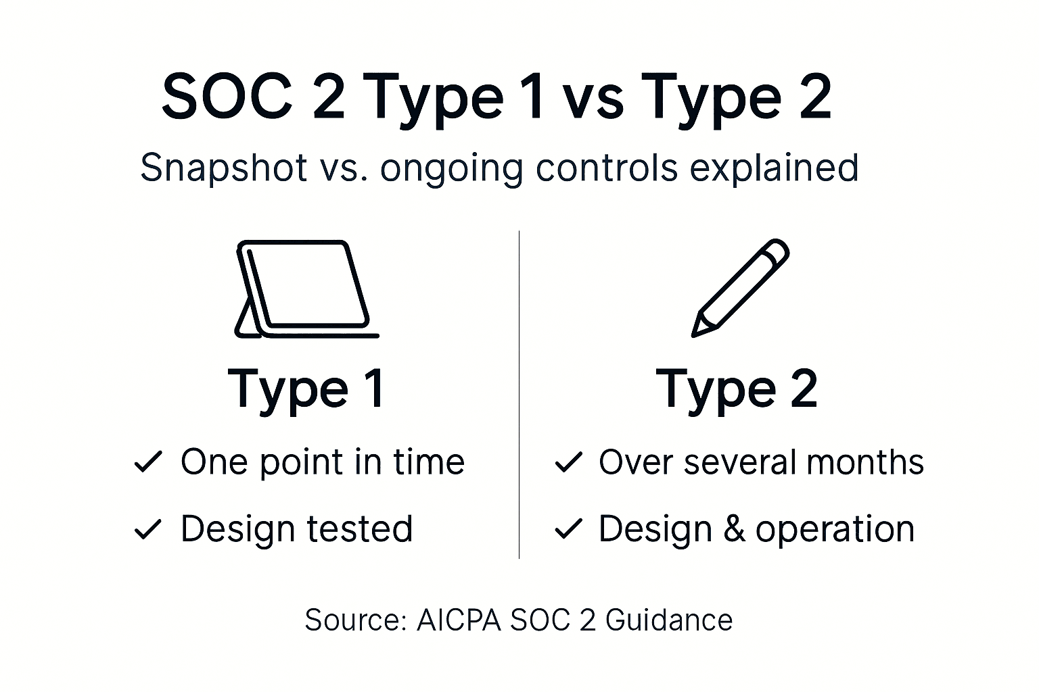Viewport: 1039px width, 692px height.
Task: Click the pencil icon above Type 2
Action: (740, 287)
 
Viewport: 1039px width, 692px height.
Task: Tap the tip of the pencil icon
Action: (695, 332)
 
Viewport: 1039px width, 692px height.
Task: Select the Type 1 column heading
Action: (307, 389)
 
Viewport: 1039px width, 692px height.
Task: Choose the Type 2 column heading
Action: (737, 389)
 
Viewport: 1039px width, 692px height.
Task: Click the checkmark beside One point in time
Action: (148, 462)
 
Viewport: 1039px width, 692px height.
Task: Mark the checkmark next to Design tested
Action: (148, 529)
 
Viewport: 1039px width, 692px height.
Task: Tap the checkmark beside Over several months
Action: (568, 462)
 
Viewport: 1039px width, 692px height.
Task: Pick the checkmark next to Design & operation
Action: (568, 529)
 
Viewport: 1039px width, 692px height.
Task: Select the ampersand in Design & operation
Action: (734, 528)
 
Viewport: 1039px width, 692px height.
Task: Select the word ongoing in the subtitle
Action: (451, 169)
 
